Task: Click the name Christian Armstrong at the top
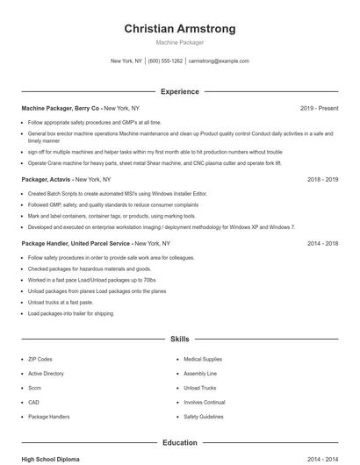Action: [180, 28]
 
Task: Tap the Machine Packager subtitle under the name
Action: [180, 42]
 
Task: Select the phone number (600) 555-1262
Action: [165, 61]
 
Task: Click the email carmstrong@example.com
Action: [219, 61]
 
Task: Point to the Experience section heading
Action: [180, 91]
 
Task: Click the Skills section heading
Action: [180, 338]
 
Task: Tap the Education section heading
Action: [180, 443]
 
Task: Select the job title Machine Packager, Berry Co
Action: [61, 108]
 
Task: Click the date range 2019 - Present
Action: [319, 108]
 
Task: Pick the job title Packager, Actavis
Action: [47, 179]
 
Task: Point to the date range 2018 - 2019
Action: [322, 179]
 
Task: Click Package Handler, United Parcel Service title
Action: [76, 243]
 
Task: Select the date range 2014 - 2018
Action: [322, 243]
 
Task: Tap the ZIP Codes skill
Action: [40, 359]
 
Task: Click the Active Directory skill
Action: [46, 373]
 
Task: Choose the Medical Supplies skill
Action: [203, 359]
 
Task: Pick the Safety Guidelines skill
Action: [204, 416]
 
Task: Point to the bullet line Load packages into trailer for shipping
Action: [70, 313]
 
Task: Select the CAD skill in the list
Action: [33, 402]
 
